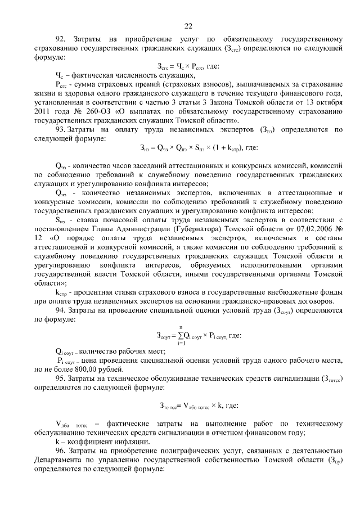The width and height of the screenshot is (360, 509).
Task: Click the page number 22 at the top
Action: (188, 25)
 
